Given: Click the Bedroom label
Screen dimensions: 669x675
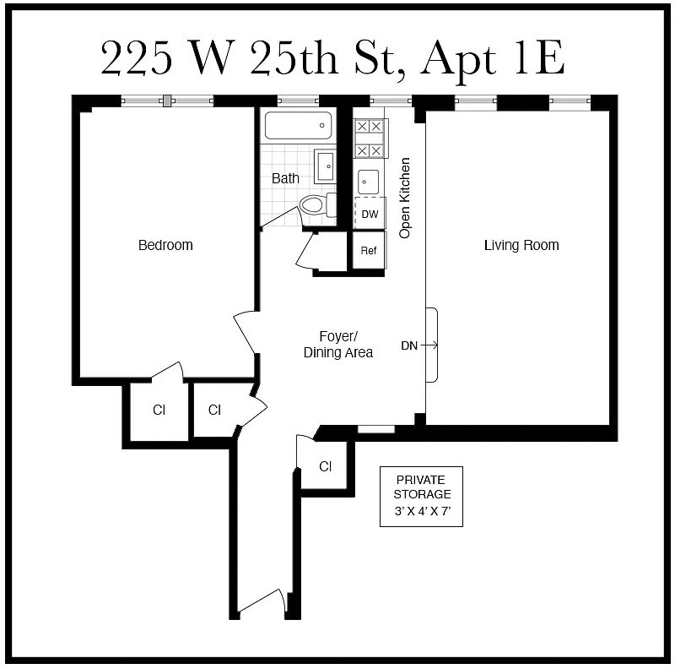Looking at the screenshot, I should click(165, 245).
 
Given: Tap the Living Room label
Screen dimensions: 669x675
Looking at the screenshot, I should click(521, 245).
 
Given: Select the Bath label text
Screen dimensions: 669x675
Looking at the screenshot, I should click(285, 178).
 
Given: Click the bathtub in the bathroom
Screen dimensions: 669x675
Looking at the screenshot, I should click(297, 127).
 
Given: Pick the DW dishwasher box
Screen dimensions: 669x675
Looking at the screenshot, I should click(370, 214).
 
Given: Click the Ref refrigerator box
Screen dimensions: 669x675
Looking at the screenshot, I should click(369, 250).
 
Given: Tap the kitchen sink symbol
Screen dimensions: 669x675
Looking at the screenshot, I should click(369, 181).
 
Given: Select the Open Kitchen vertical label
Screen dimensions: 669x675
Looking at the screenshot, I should click(405, 198).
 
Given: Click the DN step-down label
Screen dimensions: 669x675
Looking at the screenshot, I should click(409, 345).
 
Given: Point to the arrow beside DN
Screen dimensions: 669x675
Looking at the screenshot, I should click(429, 345).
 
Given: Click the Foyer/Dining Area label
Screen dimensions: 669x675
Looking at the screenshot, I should click(337, 344).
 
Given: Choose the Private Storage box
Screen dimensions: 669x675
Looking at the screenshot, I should click(421, 495).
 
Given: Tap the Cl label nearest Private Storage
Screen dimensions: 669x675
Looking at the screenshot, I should click(326, 466).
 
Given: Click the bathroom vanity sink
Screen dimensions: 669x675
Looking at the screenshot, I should click(325, 166).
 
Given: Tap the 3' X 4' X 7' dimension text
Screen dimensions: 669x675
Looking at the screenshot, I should click(421, 512).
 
